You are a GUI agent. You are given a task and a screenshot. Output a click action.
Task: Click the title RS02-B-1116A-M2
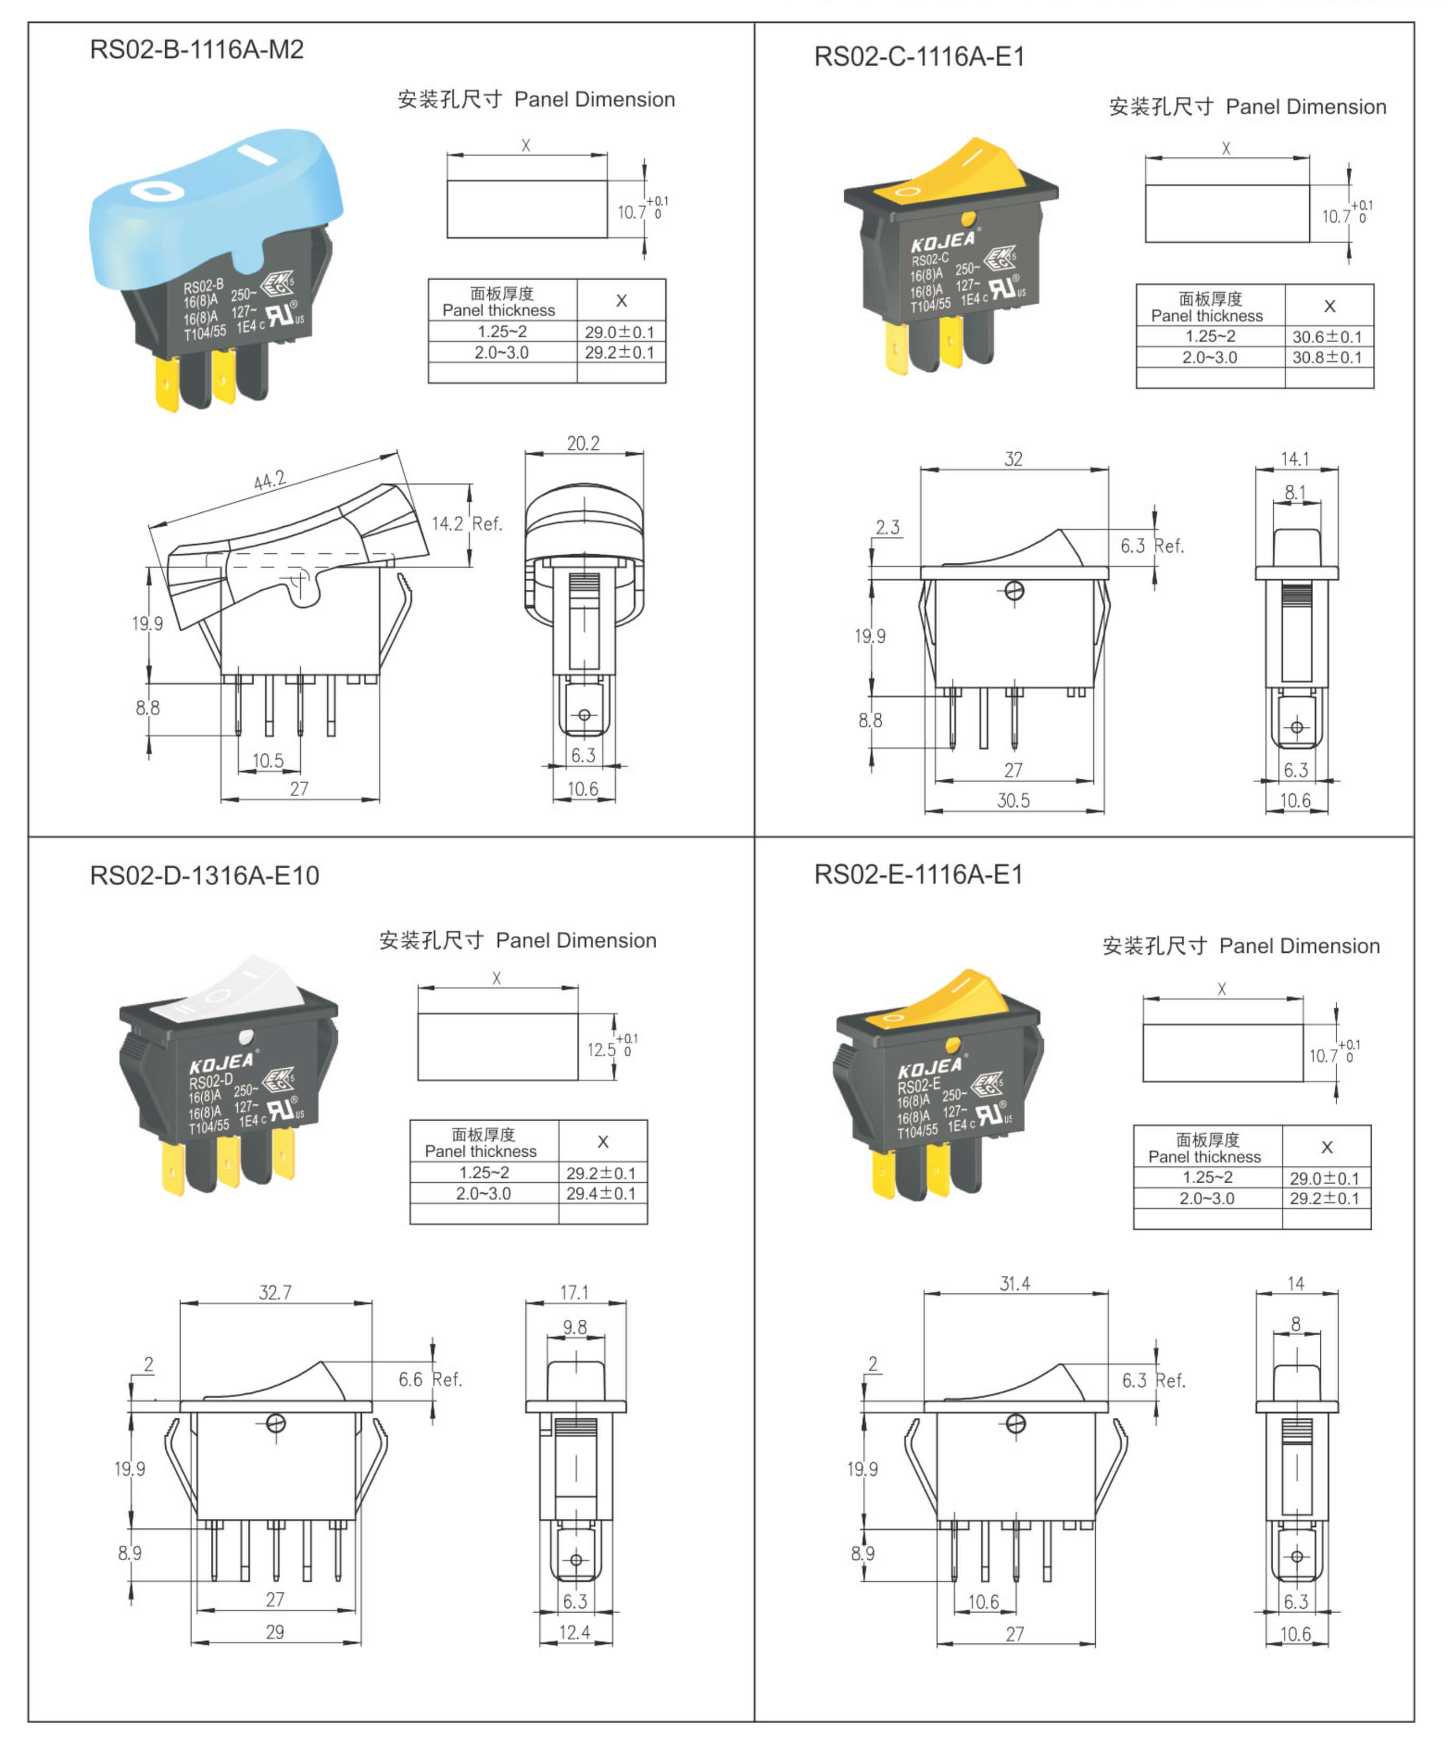click(x=196, y=50)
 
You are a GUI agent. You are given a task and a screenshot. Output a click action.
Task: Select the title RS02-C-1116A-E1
click(x=919, y=57)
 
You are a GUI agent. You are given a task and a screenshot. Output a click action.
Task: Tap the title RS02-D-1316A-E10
click(x=204, y=875)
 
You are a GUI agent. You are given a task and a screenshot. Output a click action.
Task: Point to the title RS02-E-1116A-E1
click(x=918, y=875)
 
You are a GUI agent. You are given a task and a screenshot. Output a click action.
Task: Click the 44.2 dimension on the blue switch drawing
click(x=270, y=480)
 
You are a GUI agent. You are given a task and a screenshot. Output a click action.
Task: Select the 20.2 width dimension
click(x=583, y=444)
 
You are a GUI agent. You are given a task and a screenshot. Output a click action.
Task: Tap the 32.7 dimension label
click(x=275, y=1292)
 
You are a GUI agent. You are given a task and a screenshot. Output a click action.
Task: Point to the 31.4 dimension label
click(x=1014, y=1284)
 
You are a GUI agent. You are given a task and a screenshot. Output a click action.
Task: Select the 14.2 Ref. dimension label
click(x=466, y=524)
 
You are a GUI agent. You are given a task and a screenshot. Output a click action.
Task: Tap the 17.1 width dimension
click(x=574, y=1292)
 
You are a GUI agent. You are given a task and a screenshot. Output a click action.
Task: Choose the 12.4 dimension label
click(x=574, y=1632)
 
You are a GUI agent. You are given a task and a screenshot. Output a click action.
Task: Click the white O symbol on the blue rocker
click(x=158, y=191)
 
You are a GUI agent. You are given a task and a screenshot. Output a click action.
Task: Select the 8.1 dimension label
click(x=1295, y=492)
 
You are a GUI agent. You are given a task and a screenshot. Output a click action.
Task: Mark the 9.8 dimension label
click(x=574, y=1327)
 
